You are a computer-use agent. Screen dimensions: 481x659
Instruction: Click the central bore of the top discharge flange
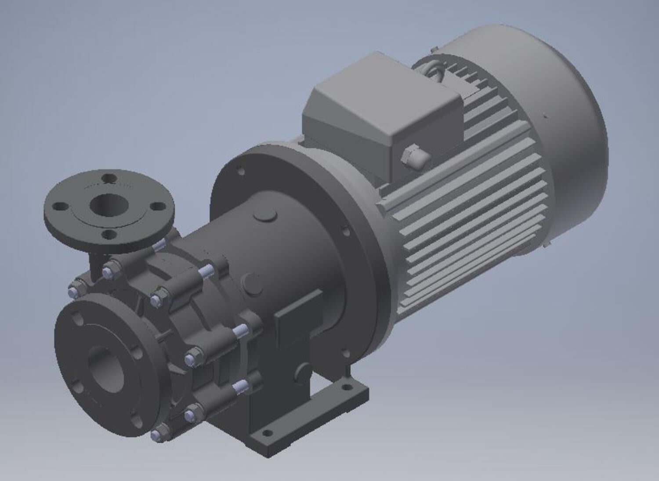click(107, 204)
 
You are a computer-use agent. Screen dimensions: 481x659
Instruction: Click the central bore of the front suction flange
click(105, 368)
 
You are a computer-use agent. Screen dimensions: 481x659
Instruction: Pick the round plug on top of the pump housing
click(265, 215)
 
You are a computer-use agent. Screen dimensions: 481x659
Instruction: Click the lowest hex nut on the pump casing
click(158, 434)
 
